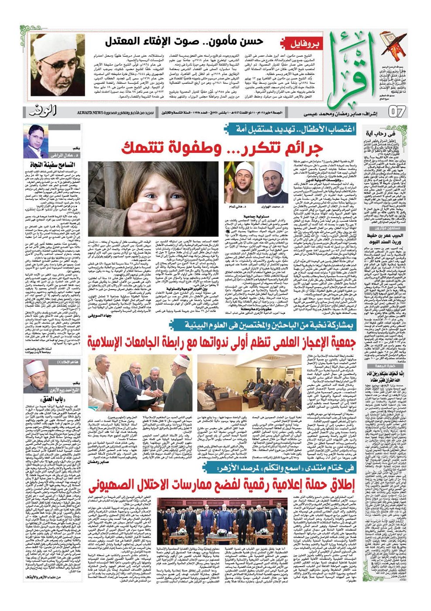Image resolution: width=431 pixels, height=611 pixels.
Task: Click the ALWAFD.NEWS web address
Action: (89, 112)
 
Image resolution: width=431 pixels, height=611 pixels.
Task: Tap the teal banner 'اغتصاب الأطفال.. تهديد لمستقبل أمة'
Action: (291, 129)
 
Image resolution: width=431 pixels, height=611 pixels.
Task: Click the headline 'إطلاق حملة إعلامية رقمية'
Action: (222, 484)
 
